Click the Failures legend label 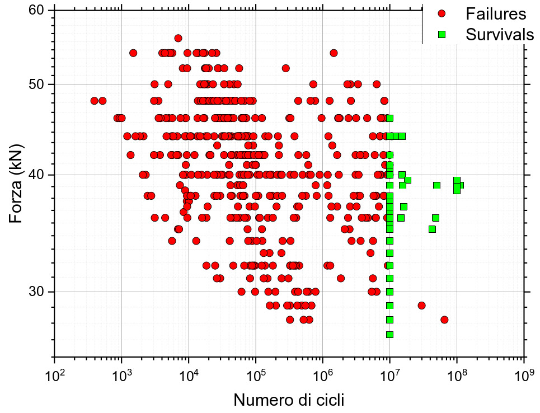click(x=496, y=13)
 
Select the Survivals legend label click(x=500, y=34)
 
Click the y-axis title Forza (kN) click(x=18, y=183)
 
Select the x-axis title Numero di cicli click(x=289, y=400)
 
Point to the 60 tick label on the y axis click(x=37, y=10)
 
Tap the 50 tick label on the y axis click(x=37, y=85)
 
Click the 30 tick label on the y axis click(x=37, y=292)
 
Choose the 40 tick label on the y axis click(x=37, y=175)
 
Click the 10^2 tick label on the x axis click(x=54, y=374)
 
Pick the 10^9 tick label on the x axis click(x=524, y=374)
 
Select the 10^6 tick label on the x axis click(x=323, y=374)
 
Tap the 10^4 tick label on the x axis click(x=189, y=374)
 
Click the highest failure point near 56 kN click(x=178, y=38)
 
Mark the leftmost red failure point click(x=94, y=101)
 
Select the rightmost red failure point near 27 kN click(x=444, y=320)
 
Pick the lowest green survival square click(x=389, y=335)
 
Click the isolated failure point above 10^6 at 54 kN click(x=334, y=53)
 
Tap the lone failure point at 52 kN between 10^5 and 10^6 click(x=285, y=68)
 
